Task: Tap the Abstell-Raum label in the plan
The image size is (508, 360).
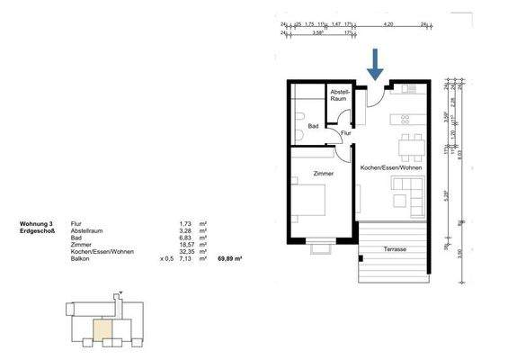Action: tap(339, 95)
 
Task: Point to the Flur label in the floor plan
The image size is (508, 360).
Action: tap(345, 133)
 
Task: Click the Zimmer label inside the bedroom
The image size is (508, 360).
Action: tap(324, 173)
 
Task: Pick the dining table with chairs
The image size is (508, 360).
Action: tap(409, 144)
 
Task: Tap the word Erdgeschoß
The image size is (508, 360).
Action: tap(39, 229)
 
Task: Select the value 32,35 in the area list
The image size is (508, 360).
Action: tap(187, 251)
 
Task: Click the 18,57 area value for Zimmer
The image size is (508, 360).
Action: tap(187, 244)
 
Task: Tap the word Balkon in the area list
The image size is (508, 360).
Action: tap(81, 258)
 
